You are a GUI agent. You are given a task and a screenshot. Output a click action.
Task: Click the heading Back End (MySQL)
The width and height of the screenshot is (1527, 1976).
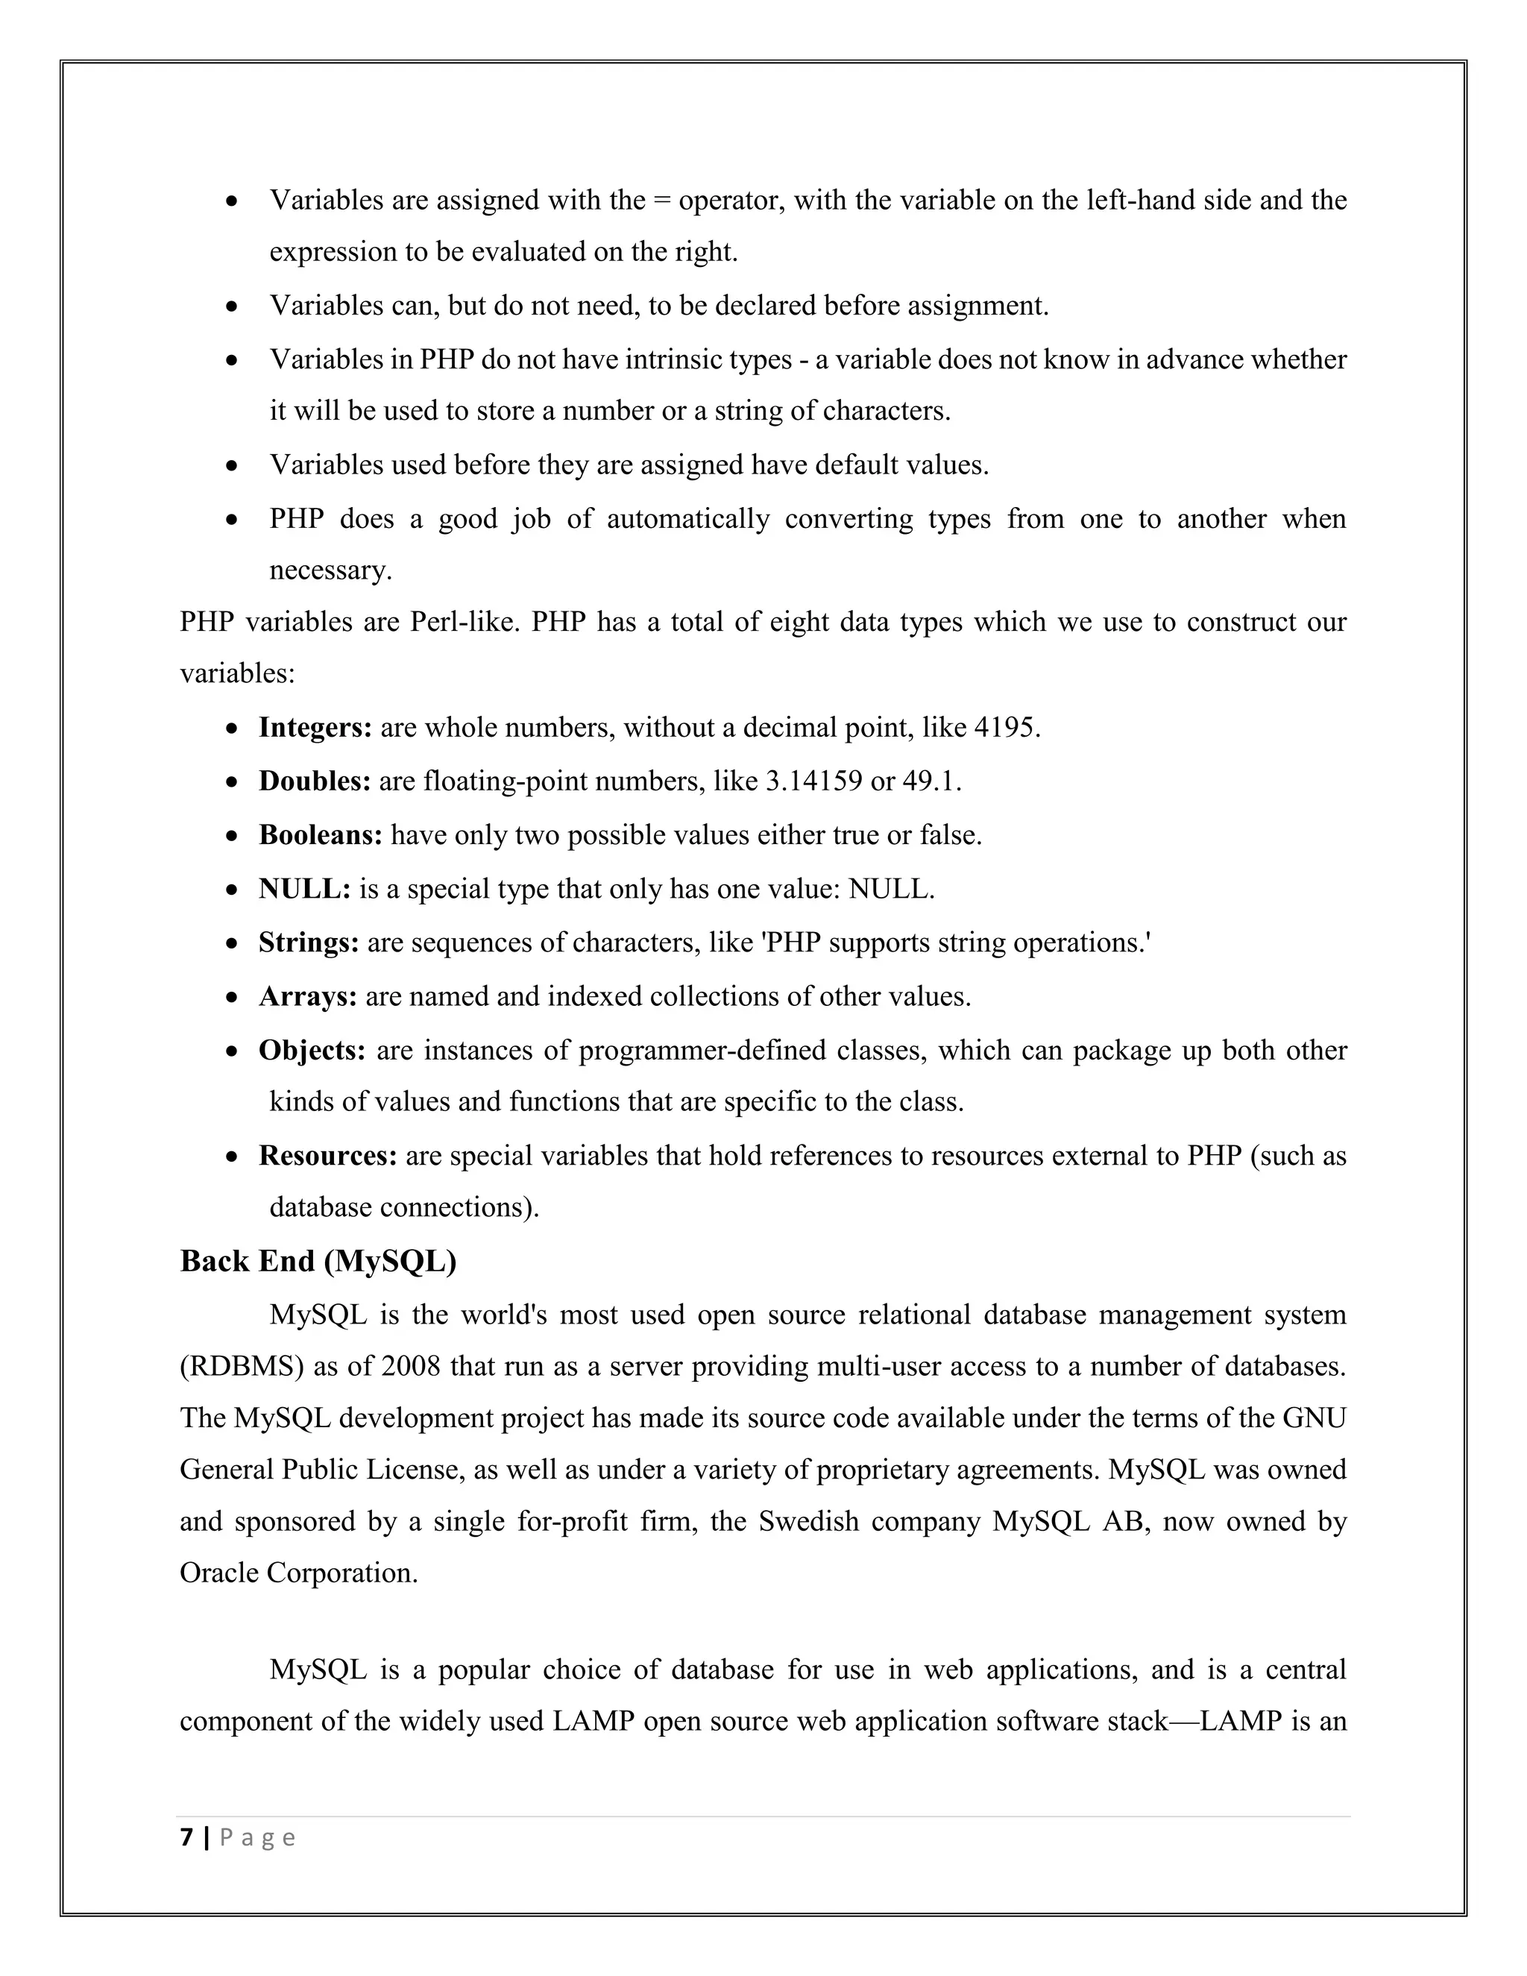[x=318, y=1261]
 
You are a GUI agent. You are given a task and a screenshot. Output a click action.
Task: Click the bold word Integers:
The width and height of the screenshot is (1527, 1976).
[x=315, y=728]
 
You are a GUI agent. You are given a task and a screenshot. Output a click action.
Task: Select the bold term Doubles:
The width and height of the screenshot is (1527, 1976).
[x=314, y=781]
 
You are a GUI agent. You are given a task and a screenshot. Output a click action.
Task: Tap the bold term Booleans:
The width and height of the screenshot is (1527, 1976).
[x=320, y=834]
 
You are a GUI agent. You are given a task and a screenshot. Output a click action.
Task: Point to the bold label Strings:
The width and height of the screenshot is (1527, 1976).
[x=309, y=943]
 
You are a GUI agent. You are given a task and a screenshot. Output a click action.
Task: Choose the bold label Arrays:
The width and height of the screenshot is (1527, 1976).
[x=308, y=996]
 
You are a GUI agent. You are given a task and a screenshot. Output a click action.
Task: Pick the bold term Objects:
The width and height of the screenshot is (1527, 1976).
[x=311, y=1051]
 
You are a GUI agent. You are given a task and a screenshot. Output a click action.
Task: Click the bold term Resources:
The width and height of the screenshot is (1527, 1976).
[x=327, y=1157]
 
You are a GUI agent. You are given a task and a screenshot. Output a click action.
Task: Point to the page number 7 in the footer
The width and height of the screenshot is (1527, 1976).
[x=186, y=1837]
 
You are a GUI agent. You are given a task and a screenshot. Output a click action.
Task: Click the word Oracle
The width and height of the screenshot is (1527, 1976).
[x=219, y=1573]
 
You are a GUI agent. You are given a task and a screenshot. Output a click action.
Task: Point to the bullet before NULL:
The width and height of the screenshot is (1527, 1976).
[x=233, y=890]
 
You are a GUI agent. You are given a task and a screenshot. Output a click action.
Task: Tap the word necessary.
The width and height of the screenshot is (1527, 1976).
[x=330, y=571]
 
